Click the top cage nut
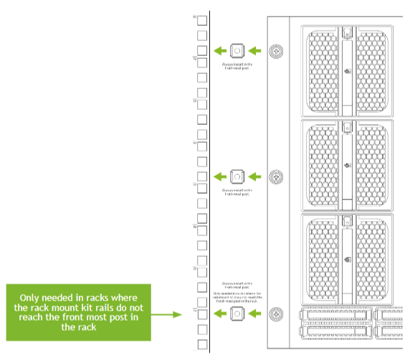point(237,51)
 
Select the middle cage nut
point(237,176)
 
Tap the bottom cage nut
point(237,313)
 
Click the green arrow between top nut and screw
point(255,51)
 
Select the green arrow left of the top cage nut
point(220,51)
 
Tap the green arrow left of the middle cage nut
point(220,176)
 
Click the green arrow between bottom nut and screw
point(255,313)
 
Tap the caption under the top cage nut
point(237,67)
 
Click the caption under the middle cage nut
point(237,192)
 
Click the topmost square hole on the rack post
point(202,20)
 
